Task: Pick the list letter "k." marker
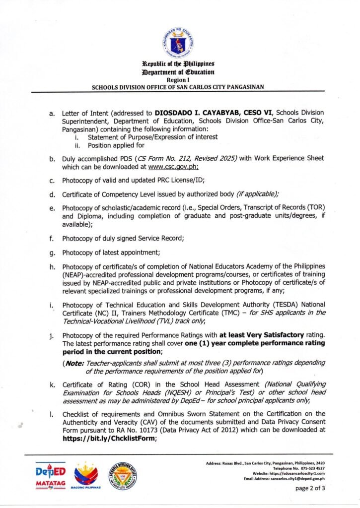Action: click(x=52, y=384)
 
